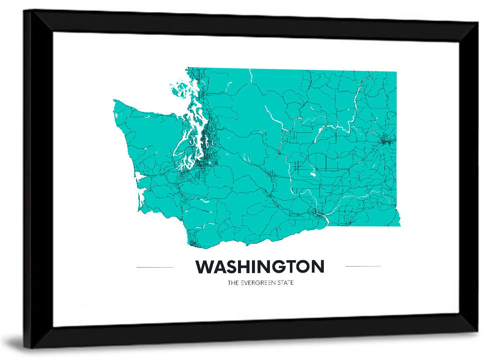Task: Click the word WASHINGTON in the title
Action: (x=259, y=267)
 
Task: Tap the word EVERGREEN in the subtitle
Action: (x=260, y=283)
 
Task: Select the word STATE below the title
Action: (x=285, y=283)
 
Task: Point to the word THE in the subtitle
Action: (x=233, y=283)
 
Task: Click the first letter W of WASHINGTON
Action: (x=203, y=267)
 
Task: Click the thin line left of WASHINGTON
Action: (x=155, y=267)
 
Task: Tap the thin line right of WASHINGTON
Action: (x=363, y=266)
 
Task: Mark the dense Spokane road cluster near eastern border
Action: (x=386, y=141)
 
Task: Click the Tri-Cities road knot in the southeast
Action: (x=317, y=215)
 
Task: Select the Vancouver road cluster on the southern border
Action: (x=195, y=244)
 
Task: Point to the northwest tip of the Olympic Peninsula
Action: (x=115, y=101)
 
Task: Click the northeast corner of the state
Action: (x=396, y=72)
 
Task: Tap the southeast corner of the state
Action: (x=399, y=225)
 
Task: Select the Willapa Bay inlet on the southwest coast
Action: (x=141, y=197)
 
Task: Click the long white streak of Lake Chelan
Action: (x=273, y=117)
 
